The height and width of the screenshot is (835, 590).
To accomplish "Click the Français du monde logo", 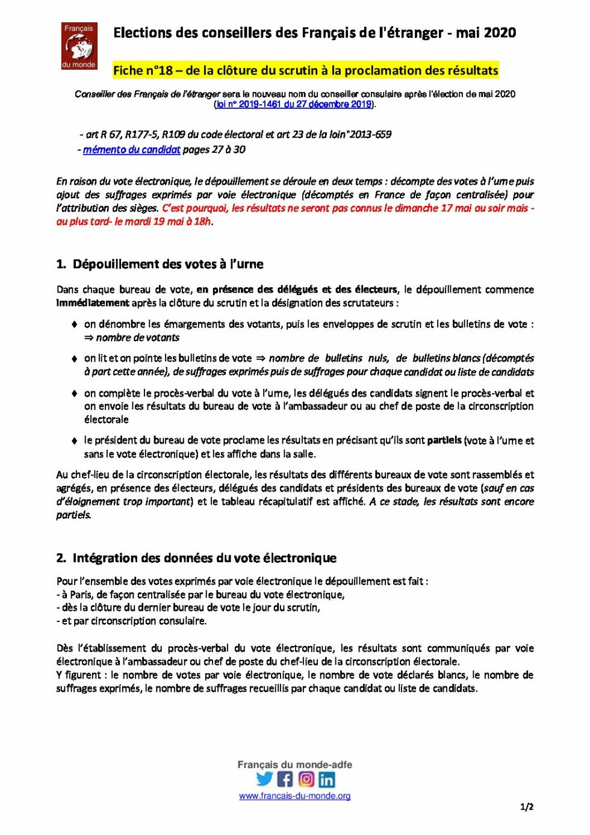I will pos(79,46).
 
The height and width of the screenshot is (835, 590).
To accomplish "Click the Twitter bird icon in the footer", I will pos(264,779).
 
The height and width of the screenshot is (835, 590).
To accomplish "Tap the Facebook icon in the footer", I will pos(285,779).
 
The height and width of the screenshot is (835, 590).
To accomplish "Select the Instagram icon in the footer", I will pos(306,779).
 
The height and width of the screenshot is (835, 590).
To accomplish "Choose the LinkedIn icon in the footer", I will pos(327,780).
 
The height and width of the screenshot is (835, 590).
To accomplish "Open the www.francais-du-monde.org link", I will pos(294,796).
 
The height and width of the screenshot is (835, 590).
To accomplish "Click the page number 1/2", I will pos(526,807).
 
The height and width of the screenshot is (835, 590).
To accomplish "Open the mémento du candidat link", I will pos(131,149).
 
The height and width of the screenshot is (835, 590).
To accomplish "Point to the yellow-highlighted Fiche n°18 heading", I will pos(305,70).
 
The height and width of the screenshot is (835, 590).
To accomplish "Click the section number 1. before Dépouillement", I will pos(61,264).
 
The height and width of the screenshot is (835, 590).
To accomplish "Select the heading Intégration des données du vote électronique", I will pos(204,558).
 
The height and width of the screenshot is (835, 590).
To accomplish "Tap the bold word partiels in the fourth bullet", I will pos(444,440).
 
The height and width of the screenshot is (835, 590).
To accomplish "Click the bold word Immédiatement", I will pos(93,303).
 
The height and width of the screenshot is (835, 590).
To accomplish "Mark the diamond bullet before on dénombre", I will pos(74,324).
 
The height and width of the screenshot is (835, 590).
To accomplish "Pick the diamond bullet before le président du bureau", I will pos(74,441).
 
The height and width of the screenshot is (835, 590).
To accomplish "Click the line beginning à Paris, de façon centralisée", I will pos(200,595).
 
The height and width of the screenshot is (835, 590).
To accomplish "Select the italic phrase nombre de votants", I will pos(137,338).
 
